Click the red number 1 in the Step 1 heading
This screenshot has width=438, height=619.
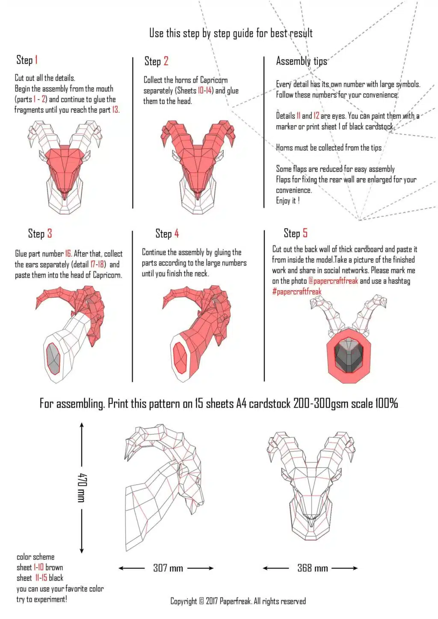36,60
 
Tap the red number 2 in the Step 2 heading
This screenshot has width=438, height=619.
166,61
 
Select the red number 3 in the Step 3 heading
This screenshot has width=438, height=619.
50,233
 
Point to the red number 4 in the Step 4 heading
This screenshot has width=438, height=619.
176,233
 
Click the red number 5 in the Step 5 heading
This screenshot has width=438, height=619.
305,233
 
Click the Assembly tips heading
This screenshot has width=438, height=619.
302,61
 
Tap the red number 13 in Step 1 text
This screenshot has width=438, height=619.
115,110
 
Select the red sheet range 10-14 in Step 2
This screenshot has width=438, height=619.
204,90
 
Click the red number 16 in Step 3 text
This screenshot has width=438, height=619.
68,253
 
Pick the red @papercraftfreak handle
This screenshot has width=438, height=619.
333,281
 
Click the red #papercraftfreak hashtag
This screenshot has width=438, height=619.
297,291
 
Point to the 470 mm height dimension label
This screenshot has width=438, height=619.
82,488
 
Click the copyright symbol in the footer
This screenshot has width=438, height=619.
201,601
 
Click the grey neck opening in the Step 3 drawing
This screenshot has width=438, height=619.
53,359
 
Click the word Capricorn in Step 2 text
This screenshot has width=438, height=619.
214,80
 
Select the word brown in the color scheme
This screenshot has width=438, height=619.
54,568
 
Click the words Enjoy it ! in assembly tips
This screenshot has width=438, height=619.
287,200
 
